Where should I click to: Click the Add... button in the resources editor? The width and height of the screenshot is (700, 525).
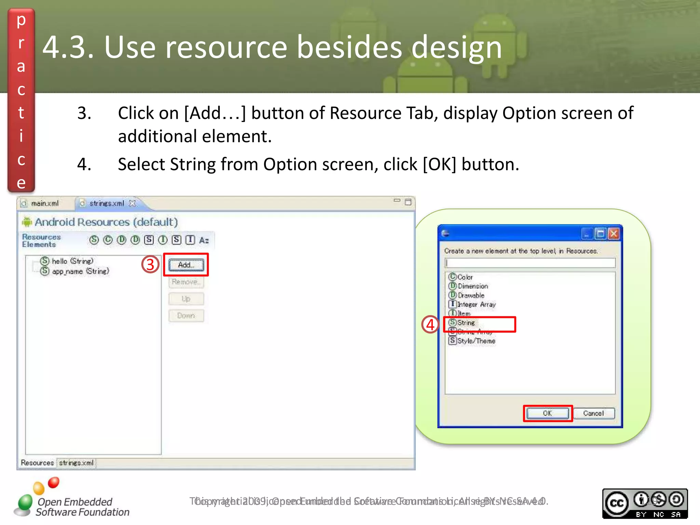pyautogui.click(x=186, y=265)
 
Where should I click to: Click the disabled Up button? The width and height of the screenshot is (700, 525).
pyautogui.click(x=186, y=299)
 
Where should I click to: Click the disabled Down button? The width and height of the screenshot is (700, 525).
pyautogui.click(x=186, y=315)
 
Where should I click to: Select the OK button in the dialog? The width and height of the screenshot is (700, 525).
pyautogui.click(x=547, y=413)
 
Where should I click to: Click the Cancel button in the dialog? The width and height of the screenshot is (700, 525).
pyautogui.click(x=593, y=413)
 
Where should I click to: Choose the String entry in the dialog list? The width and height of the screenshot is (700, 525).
pyautogui.click(x=466, y=323)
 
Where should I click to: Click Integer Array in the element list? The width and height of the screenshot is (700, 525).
pyautogui.click(x=476, y=304)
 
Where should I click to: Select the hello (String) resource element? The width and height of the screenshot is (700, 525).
pyautogui.click(x=72, y=261)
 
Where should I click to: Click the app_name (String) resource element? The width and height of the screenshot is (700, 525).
pyautogui.click(x=80, y=271)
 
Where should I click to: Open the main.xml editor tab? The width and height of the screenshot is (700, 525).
pyautogui.click(x=44, y=203)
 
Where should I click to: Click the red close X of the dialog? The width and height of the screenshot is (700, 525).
pyautogui.click(x=614, y=234)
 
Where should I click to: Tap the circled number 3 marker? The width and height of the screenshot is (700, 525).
pyautogui.click(x=150, y=265)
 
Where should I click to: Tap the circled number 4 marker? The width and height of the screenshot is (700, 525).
pyautogui.click(x=430, y=324)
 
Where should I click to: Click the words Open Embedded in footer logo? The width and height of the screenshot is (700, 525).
pyautogui.click(x=75, y=502)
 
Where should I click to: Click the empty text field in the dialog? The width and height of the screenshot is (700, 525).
pyautogui.click(x=530, y=262)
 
